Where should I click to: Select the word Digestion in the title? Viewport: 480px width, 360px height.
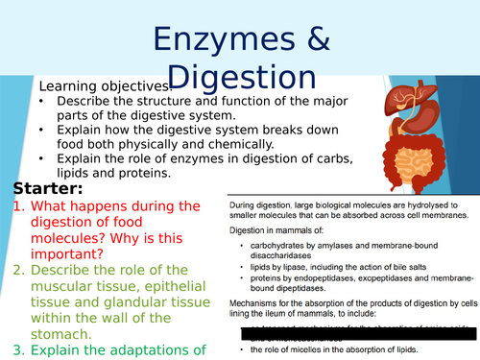241,78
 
